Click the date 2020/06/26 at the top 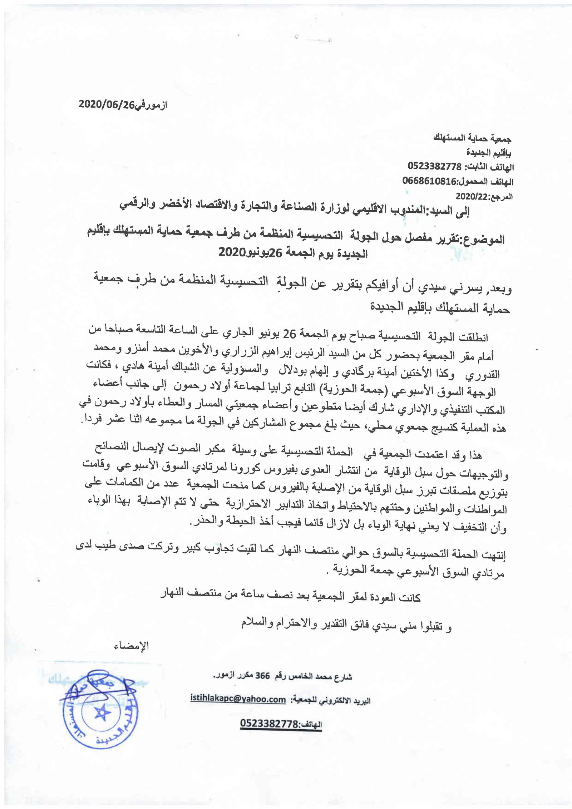[106, 105]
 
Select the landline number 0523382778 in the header [435, 166]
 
